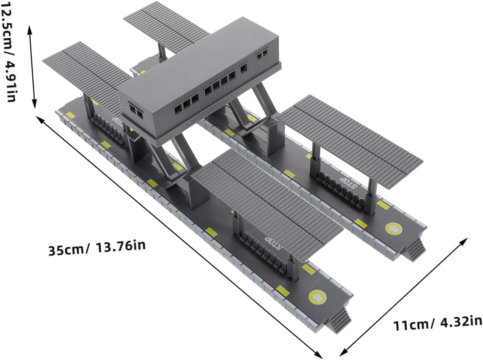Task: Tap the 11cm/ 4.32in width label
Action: coord(438,323)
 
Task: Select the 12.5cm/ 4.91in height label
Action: coord(8,52)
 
